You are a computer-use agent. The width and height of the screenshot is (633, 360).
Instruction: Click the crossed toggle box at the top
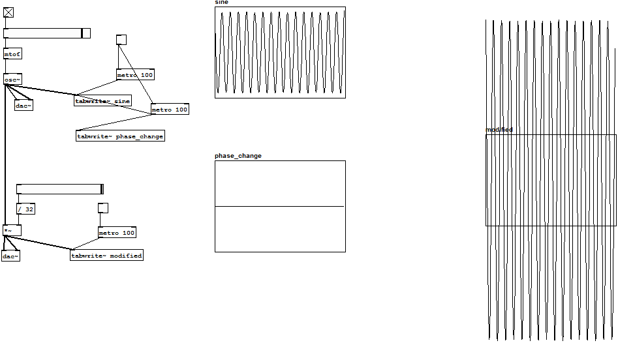pyautogui.click(x=8, y=12)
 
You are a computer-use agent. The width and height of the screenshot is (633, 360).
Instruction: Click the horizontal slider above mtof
pyautogui.click(x=46, y=33)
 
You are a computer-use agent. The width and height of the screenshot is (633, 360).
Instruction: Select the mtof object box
pyautogui.click(x=12, y=54)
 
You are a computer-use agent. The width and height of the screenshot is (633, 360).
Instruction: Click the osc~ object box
pyautogui.click(x=12, y=80)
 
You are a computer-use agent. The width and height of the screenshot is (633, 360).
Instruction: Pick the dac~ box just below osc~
pyautogui.click(x=23, y=105)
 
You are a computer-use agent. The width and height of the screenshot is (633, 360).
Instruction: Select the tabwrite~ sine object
pyautogui.click(x=102, y=100)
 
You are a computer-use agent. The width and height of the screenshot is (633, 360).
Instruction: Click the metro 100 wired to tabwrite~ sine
pyautogui.click(x=135, y=75)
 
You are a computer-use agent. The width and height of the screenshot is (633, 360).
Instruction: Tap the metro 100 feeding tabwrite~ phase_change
pyautogui.click(x=170, y=110)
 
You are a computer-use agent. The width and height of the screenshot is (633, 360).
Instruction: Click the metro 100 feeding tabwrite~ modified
pyautogui.click(x=117, y=233)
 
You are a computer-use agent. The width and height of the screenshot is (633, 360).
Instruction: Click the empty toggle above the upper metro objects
pyautogui.click(x=121, y=40)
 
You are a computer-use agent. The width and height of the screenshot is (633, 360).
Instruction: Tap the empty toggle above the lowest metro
pyautogui.click(x=102, y=208)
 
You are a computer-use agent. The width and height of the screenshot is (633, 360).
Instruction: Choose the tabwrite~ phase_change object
pyautogui.click(x=120, y=136)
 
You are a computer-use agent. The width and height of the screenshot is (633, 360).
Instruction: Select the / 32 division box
pyautogui.click(x=25, y=209)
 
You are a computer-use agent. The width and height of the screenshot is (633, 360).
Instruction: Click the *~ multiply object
pyautogui.click(x=11, y=230)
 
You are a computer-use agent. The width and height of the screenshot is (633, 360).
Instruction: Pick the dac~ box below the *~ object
pyautogui.click(x=10, y=256)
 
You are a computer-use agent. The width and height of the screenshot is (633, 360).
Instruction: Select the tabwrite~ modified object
pyautogui.click(x=106, y=255)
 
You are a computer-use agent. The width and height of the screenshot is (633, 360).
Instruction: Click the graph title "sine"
pyautogui.click(x=221, y=3)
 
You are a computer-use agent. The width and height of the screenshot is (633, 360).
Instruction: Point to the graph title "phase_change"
pyautogui.click(x=238, y=156)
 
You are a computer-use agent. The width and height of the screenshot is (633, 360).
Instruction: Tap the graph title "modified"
pyautogui.click(x=499, y=130)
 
